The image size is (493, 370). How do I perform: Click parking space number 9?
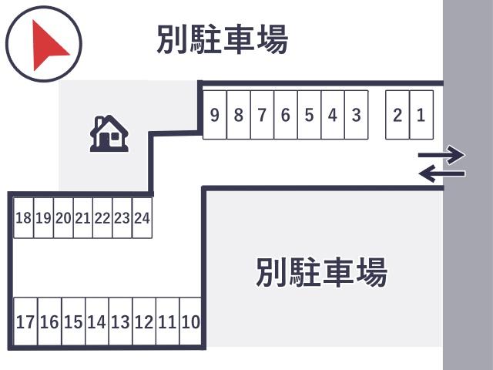click(x=215, y=115)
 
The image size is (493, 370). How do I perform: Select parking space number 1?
click(x=421, y=115)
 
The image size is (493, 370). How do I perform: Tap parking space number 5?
click(x=310, y=115)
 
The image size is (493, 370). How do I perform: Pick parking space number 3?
click(x=356, y=115)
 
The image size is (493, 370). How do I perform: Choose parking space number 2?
click(x=397, y=115)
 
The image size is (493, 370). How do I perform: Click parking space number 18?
click(x=24, y=217)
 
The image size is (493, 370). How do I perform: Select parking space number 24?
click(x=142, y=217)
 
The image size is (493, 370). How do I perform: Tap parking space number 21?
click(x=83, y=217)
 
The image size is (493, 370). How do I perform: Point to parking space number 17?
click(x=25, y=321)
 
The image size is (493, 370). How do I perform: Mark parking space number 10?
click(x=190, y=321)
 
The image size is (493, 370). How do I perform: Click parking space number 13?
click(x=121, y=321)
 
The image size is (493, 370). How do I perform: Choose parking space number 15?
click(x=74, y=321)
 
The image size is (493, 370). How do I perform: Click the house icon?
click(x=109, y=133)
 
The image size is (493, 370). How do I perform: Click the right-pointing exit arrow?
click(x=441, y=155)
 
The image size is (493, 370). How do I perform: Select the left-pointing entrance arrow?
click(x=441, y=173)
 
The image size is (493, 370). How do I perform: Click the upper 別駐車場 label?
click(x=223, y=39)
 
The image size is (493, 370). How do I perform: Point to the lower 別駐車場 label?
click(x=321, y=272)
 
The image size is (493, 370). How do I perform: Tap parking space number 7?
click(x=262, y=115)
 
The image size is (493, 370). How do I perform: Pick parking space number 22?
click(x=102, y=217)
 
